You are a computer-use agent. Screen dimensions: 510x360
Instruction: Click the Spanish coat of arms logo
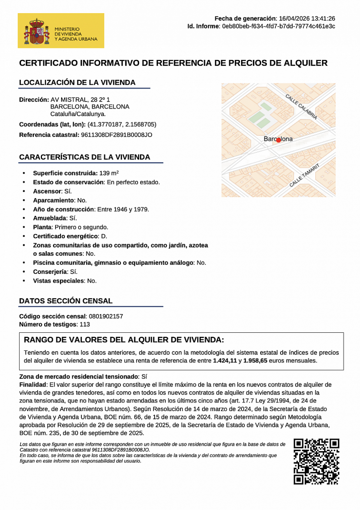pyautogui.click(x=37, y=31)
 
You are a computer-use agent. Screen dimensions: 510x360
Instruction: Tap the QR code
pyautogui.click(x=316, y=461)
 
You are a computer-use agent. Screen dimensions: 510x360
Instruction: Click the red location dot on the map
pyautogui.click(x=278, y=140)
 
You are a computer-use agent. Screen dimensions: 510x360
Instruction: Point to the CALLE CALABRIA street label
pyautogui.click(x=301, y=107)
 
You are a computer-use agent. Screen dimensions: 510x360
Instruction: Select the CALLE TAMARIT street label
pyautogui.click(x=304, y=175)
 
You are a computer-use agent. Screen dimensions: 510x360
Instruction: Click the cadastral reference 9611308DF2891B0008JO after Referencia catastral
pyautogui.click(x=117, y=135)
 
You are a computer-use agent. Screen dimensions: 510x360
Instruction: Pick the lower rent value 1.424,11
pyautogui.click(x=225, y=361)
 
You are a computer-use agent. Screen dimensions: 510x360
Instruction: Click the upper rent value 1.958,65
pyautogui.click(x=255, y=361)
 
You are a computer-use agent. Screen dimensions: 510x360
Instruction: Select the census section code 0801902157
pyautogui.click(x=106, y=316)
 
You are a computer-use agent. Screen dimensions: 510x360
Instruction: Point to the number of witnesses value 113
pyautogui.click(x=85, y=325)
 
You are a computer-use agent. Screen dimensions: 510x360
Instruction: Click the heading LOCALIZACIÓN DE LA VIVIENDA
pyautogui.click(x=77, y=82)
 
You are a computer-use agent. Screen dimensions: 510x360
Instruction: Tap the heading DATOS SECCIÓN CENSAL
pyautogui.click(x=66, y=301)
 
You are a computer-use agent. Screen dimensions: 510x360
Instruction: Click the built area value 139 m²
pyautogui.click(x=109, y=173)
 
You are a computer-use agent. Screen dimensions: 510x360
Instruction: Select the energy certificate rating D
pyautogui.click(x=104, y=236)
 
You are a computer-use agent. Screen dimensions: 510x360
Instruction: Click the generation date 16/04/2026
pyautogui.click(x=294, y=18)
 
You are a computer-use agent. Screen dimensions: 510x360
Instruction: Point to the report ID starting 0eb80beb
pyautogui.click(x=279, y=26)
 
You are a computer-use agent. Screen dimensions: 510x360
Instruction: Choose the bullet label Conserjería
pyautogui.click(x=49, y=272)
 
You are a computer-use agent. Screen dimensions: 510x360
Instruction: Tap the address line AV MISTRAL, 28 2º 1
pyautogui.click(x=80, y=100)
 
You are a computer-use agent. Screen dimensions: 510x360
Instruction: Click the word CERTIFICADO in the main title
pyautogui.click(x=48, y=63)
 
